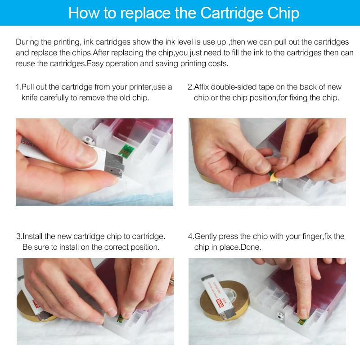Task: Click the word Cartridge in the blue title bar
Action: pyautogui.click(x=231, y=13)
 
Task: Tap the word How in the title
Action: pyautogui.click(x=84, y=13)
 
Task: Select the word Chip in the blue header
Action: pyautogui.click(x=283, y=13)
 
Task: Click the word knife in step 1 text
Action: pyautogui.click(x=29, y=98)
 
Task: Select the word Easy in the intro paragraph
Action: pyautogui.click(x=95, y=63)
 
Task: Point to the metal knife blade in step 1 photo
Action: pyautogui.click(x=114, y=165)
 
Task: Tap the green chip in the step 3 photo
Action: pyautogui.click(x=120, y=319)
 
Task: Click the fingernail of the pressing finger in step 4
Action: pyautogui.click(x=303, y=313)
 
